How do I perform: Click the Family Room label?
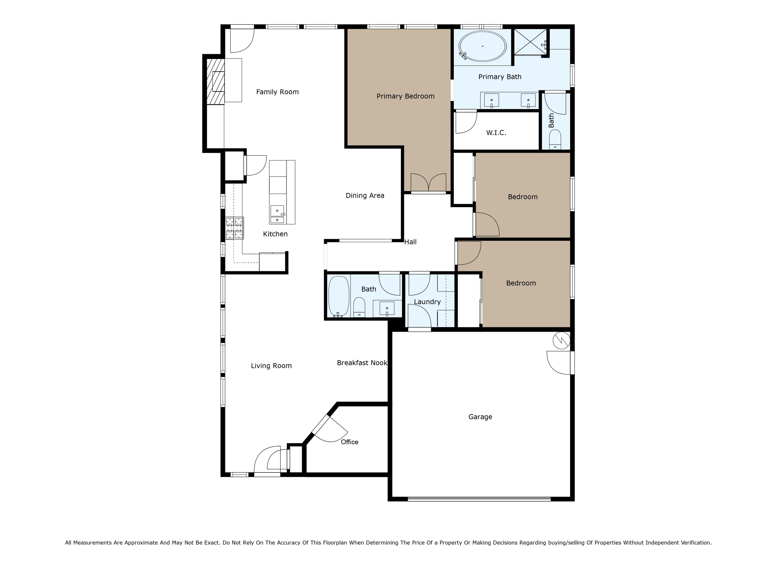(x=277, y=92)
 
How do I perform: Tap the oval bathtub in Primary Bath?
(x=482, y=46)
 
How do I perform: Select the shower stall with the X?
(x=530, y=42)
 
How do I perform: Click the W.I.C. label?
(x=496, y=133)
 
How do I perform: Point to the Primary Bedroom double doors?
(x=428, y=183)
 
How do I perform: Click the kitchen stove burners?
(x=234, y=228)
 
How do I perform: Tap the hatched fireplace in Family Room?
(x=215, y=82)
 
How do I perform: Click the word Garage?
(x=480, y=417)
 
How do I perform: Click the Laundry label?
(x=427, y=302)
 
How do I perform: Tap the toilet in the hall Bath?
(x=359, y=307)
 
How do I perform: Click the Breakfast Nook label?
(x=362, y=363)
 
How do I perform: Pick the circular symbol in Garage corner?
(x=561, y=340)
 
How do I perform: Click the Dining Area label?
(x=365, y=195)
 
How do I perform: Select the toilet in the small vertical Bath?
(x=555, y=139)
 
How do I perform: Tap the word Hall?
(x=410, y=242)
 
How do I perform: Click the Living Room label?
(x=271, y=366)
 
